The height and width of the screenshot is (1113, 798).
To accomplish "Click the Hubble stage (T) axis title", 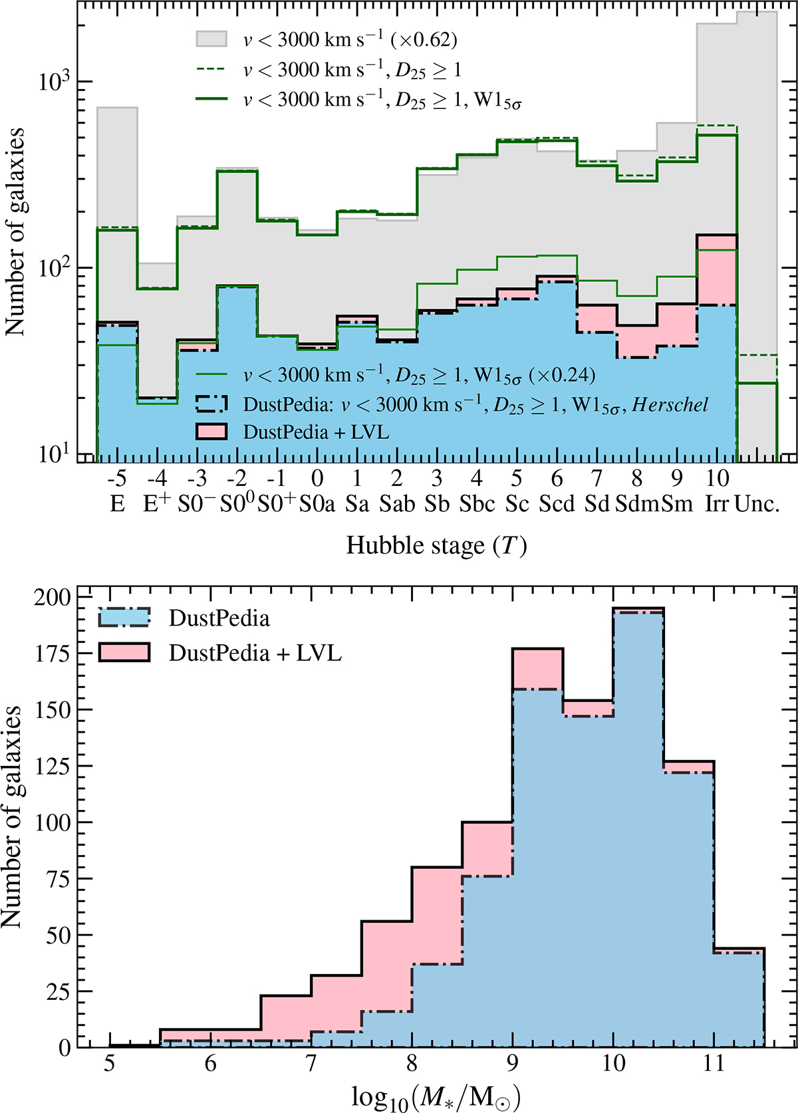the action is coord(436,546).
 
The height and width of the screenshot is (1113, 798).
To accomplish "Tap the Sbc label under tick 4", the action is coord(477,504).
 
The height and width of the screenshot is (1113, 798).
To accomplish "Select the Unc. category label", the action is coord(757,504).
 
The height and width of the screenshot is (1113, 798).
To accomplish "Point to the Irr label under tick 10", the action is coord(716,504).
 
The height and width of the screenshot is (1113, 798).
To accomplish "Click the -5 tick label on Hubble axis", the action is coord(117,478).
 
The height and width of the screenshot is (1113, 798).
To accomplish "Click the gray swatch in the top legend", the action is coord(211,39).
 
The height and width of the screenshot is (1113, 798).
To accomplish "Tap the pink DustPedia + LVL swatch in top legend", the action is coord(211,432).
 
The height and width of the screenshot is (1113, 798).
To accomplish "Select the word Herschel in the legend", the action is coord(670,404).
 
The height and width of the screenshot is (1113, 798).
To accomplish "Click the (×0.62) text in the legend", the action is coord(424,40).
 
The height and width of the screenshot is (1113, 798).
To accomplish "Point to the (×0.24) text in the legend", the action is coord(562,374).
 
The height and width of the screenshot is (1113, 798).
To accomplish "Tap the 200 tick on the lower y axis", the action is coord(53,597).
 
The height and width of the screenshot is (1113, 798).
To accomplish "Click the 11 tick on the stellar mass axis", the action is coord(714,1063).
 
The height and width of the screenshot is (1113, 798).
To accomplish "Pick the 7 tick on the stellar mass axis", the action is coord(311,1063).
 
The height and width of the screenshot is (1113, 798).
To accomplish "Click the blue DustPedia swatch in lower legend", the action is coord(124,617).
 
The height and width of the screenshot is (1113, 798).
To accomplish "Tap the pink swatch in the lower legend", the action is coord(124,652).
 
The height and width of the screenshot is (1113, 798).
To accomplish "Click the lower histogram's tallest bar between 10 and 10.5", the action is coord(638,827).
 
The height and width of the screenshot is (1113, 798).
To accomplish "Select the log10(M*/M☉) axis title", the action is coord(436,1098).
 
